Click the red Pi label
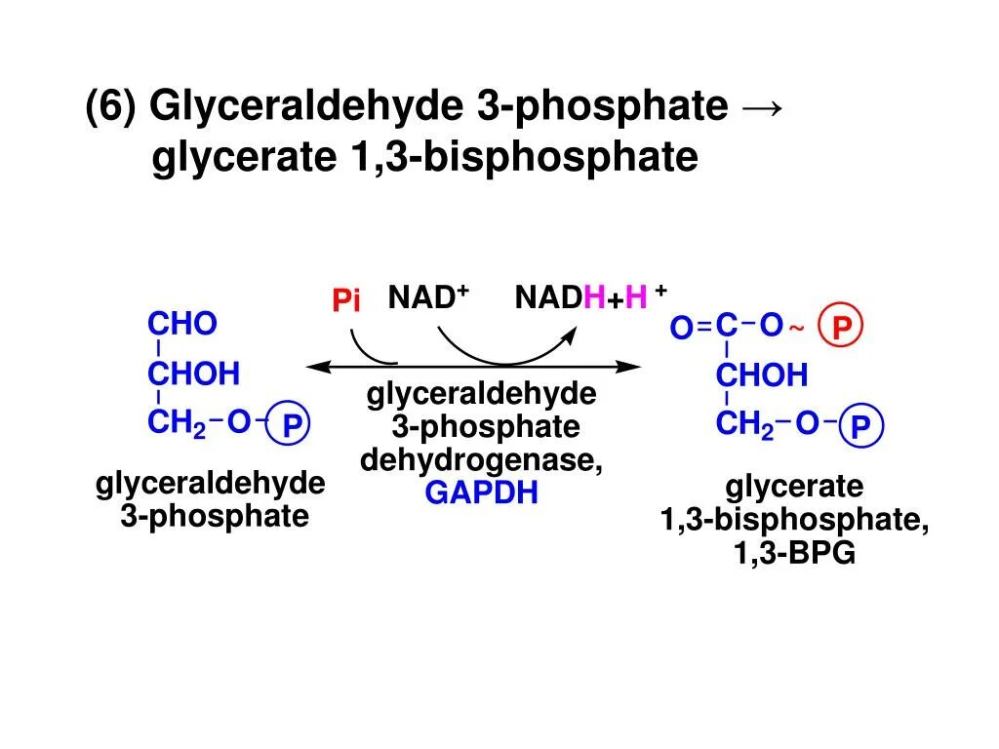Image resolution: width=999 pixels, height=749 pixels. (346, 301)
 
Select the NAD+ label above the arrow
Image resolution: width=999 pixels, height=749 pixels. (428, 297)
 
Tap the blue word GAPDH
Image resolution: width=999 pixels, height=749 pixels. (482, 493)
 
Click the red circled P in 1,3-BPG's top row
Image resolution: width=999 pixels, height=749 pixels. (842, 329)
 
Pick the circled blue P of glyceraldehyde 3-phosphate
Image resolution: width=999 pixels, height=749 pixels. (291, 426)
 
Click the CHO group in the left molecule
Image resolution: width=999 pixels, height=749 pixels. (181, 325)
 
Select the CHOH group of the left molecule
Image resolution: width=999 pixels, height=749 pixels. (193, 374)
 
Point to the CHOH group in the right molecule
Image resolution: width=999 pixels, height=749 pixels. (762, 375)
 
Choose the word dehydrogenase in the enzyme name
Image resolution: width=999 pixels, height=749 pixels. (480, 460)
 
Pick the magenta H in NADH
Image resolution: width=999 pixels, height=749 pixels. (594, 297)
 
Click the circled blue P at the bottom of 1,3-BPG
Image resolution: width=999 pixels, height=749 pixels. (859, 426)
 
